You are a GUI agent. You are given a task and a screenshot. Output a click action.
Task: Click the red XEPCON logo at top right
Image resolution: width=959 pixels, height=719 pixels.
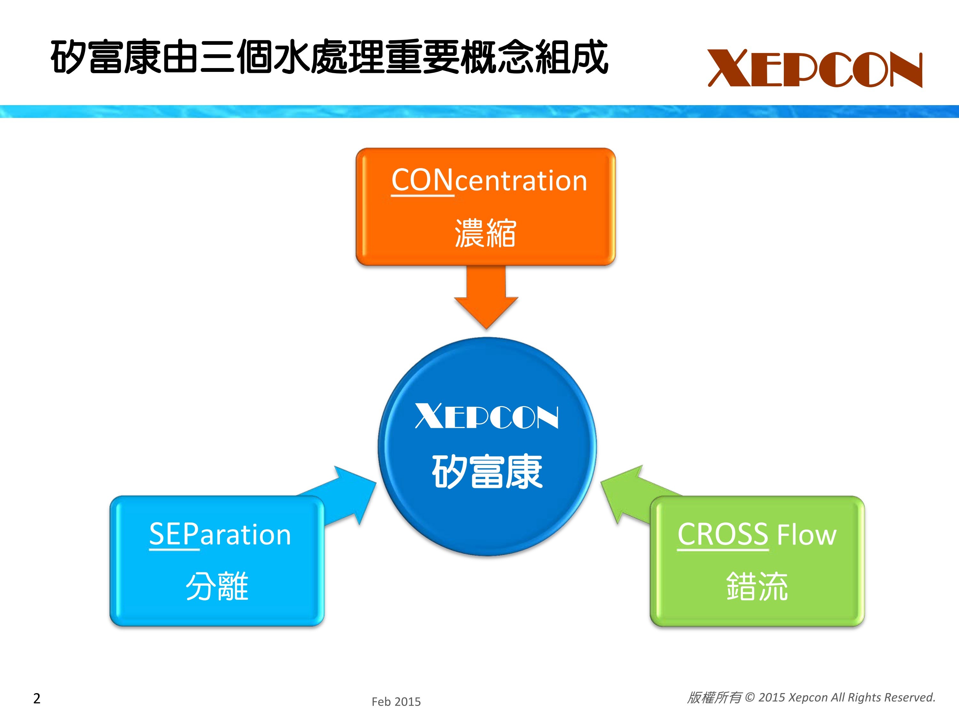pyautogui.click(x=815, y=68)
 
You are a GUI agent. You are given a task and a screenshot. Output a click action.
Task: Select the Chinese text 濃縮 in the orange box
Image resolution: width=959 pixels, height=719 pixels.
pyautogui.click(x=485, y=234)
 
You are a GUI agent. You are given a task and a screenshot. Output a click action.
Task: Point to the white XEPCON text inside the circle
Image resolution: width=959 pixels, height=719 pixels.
pyautogui.click(x=487, y=416)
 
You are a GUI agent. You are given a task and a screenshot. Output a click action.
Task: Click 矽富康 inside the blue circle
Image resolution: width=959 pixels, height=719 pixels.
pyautogui.click(x=487, y=472)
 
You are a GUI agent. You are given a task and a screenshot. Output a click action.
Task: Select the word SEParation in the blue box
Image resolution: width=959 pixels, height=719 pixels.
pyautogui.click(x=220, y=534)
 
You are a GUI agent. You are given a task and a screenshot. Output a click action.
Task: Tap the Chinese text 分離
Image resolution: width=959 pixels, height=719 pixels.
pyautogui.click(x=217, y=586)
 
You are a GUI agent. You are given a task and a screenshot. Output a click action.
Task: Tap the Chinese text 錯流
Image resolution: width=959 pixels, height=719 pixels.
pyautogui.click(x=757, y=586)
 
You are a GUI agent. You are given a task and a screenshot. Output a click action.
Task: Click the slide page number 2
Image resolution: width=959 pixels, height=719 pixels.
pyautogui.click(x=37, y=698)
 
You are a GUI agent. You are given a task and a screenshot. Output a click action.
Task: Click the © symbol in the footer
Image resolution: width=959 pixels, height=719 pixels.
pyautogui.click(x=750, y=697)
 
